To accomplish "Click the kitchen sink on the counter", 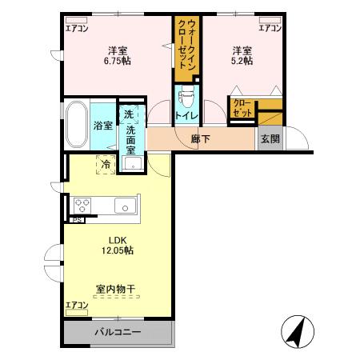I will [126, 207].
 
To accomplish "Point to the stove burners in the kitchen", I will [82, 206].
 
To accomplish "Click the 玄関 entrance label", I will [270, 138].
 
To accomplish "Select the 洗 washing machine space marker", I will [128, 114].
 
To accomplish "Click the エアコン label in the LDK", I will [77, 306].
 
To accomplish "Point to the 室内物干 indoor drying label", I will [116, 288].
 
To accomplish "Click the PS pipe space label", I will [78, 218].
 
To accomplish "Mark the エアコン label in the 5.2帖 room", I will [269, 28].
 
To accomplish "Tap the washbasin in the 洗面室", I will [133, 164].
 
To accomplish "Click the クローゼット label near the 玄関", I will [242, 107].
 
